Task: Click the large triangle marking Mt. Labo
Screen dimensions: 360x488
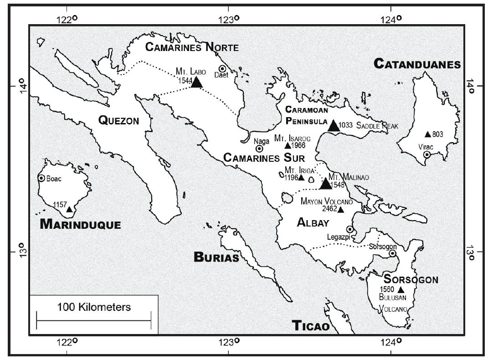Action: [196, 82]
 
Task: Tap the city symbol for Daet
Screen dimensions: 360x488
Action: [223, 69]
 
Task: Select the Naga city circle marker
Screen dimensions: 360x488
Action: [259, 149]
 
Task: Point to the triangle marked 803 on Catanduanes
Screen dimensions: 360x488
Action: [427, 134]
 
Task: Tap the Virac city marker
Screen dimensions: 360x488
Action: [426, 155]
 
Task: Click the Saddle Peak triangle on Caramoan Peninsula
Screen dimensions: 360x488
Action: [334, 126]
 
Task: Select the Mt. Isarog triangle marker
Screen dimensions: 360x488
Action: [288, 146]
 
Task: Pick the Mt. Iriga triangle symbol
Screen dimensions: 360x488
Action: [301, 177]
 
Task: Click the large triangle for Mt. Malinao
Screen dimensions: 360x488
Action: [325, 184]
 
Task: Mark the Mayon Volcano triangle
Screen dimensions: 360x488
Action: [341, 209]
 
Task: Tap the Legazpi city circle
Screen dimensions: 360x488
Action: [349, 229]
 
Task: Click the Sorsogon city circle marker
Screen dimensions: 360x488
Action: [392, 253]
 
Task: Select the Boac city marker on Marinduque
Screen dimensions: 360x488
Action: [41, 178]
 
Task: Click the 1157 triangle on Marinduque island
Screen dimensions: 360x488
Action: [69, 210]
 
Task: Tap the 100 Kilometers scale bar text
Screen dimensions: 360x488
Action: [94, 307]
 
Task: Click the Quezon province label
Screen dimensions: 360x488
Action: [118, 120]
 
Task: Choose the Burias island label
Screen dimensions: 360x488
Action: [216, 257]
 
